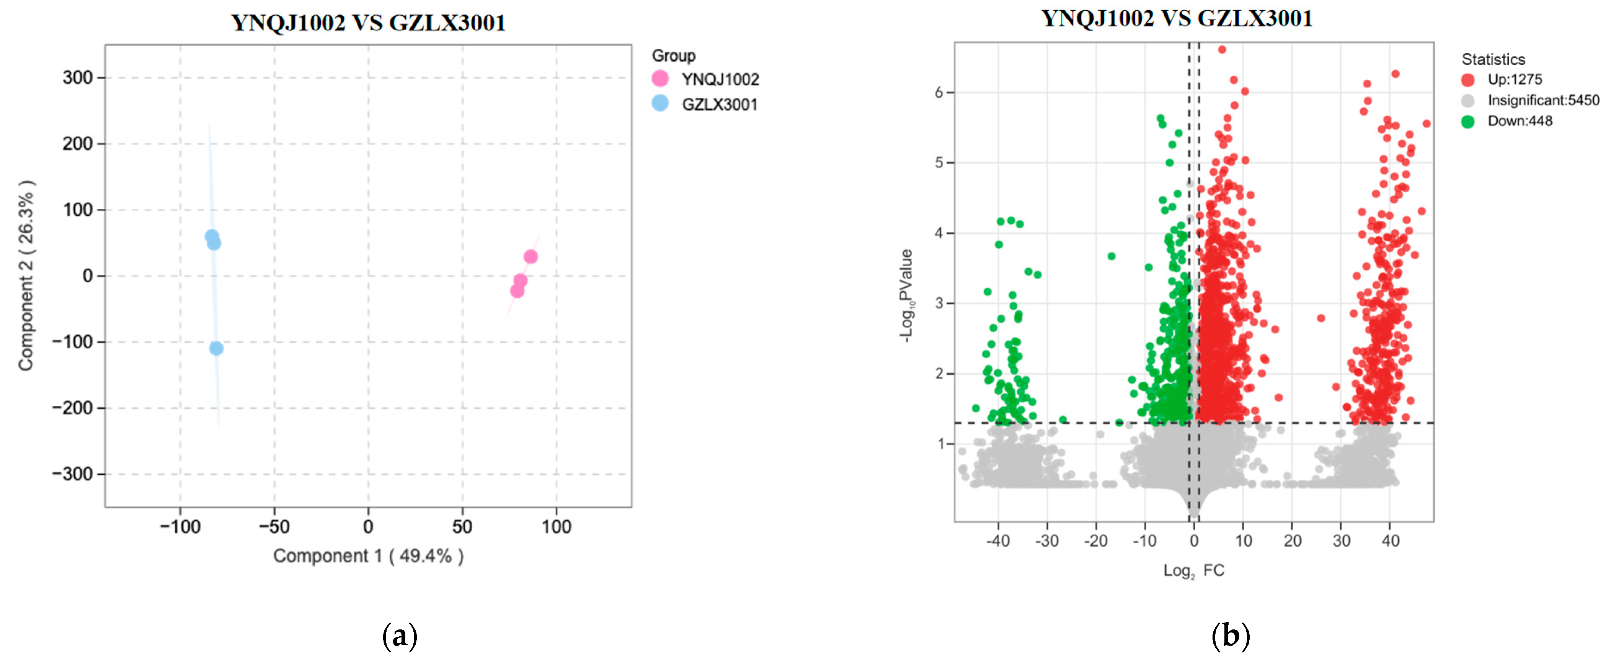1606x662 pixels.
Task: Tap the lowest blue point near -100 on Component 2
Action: [216, 348]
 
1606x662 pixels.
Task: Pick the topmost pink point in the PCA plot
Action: [530, 256]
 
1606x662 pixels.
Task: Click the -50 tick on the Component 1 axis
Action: [274, 527]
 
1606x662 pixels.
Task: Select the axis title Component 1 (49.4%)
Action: [368, 556]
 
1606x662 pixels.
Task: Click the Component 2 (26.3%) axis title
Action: [26, 275]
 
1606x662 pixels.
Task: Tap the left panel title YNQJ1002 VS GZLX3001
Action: [368, 23]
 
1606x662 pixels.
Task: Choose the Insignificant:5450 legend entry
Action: [1543, 100]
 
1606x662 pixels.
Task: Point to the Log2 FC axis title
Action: [1193, 571]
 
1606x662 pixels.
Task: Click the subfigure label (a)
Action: [399, 636]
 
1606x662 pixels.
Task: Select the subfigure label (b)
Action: [1231, 636]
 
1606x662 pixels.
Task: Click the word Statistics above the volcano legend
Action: [1493, 59]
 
